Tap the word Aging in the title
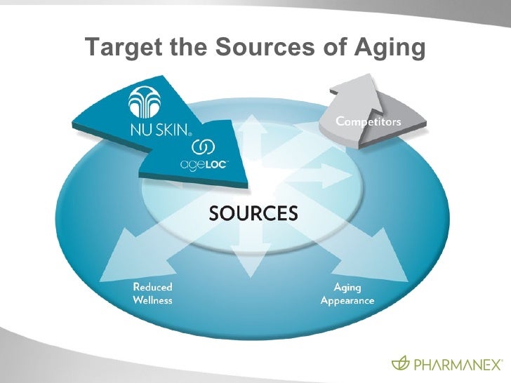point(389,48)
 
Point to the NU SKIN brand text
point(157,130)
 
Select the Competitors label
point(369,121)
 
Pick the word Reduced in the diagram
point(152,287)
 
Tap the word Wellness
point(152,300)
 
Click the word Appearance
point(347,301)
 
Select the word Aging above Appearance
point(347,288)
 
